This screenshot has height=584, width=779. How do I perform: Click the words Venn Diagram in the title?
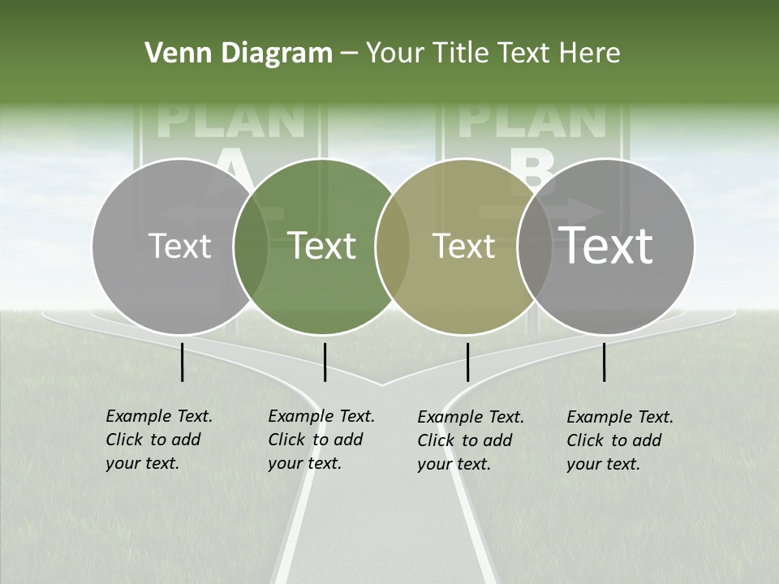(x=239, y=54)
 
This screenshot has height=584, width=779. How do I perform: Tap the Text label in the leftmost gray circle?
(x=179, y=246)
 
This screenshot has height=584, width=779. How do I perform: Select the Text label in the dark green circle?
(x=322, y=246)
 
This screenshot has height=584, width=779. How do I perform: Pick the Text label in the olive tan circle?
(x=463, y=246)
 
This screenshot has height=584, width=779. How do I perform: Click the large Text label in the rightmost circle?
(x=606, y=246)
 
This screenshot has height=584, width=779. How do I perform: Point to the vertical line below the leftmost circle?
(x=182, y=362)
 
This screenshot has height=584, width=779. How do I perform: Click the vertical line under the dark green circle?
(x=325, y=362)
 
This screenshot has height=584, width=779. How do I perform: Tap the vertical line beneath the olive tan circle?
(x=467, y=362)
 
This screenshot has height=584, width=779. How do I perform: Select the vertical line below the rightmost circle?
(x=604, y=362)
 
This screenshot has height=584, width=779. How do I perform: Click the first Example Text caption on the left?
(x=158, y=440)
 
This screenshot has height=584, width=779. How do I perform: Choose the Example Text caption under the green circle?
(x=321, y=440)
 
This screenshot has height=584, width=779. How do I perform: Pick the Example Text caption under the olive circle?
(x=470, y=440)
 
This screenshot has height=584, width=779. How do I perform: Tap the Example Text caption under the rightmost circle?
(x=619, y=440)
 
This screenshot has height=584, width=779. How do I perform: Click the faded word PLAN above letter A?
(x=230, y=120)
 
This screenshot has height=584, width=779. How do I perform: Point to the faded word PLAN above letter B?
(x=532, y=120)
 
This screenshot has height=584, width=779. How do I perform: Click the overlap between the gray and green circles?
(x=251, y=246)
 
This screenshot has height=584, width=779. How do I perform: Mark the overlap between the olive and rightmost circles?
(x=535, y=246)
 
